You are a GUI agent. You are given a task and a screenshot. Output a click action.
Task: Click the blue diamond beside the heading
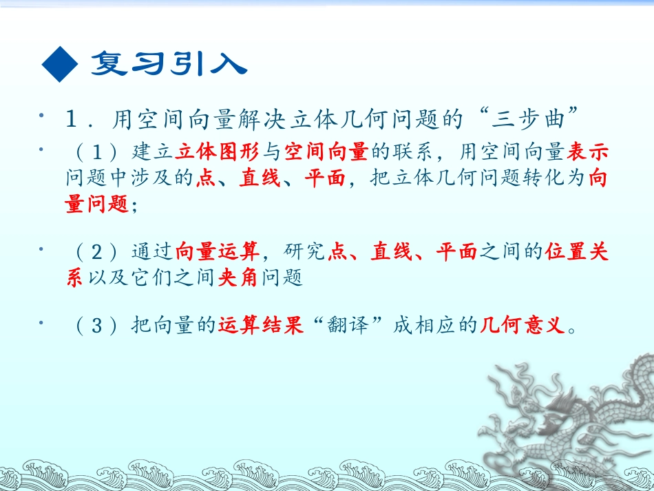tap(60, 65)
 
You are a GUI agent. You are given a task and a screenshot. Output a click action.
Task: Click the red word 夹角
tap(238, 278)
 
